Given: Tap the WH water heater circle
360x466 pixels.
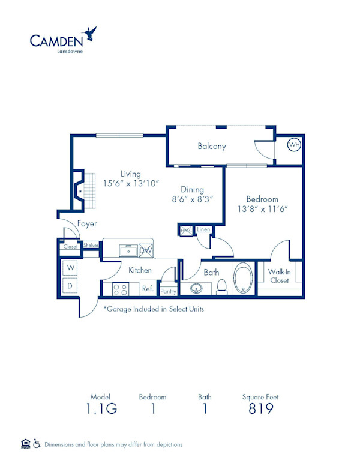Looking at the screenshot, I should coord(293,145).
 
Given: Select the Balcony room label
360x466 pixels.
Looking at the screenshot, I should coord(212,146).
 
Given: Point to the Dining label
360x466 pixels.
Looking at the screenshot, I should coord(193,190).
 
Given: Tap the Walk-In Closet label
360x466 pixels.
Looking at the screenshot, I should coord(279,276).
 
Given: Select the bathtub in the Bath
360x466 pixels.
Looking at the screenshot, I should coord(242,279).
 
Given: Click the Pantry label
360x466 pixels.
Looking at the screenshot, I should coord(169,291).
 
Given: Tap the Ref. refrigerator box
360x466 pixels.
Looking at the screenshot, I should coord(148,289).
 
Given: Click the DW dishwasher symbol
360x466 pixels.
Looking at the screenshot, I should coord(146,250).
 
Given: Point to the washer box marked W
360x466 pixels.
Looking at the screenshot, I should coord(70,267).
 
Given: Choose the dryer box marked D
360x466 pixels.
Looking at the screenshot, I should coord(70,286).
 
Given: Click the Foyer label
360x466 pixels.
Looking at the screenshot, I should coord(87,224).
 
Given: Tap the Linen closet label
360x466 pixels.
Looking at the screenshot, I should coord(203,229).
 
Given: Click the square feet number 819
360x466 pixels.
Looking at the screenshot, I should coord(260,409).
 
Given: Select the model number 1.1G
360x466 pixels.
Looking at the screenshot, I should coord(101,409).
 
